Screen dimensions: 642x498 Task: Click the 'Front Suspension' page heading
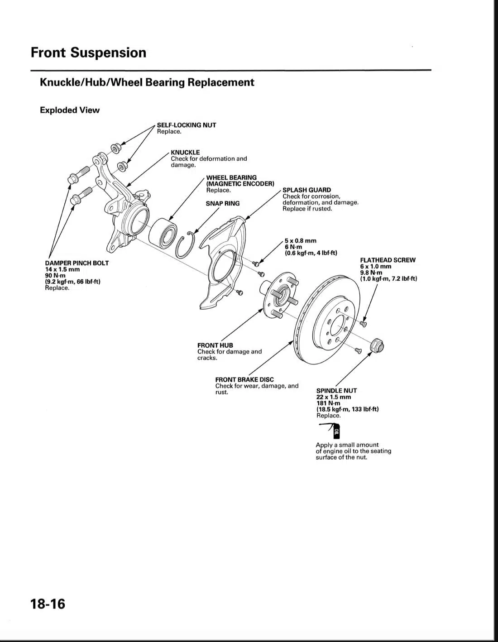coord(88,53)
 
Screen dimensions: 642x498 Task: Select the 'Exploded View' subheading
coord(69,110)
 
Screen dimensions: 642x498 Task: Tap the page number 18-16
coord(48,604)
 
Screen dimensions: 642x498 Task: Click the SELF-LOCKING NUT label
coord(186,125)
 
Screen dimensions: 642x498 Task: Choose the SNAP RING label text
coord(222,203)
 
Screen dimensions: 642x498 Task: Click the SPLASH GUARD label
coord(306,190)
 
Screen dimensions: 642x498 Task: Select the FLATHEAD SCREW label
coord(388,260)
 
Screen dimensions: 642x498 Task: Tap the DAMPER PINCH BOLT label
coord(77,263)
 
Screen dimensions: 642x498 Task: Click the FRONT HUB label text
coord(215,345)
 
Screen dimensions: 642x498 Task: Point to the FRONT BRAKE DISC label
coord(244,379)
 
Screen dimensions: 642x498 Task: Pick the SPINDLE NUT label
coord(336,390)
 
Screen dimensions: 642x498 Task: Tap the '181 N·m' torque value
coord(328,403)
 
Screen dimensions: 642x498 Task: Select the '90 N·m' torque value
coord(55,275)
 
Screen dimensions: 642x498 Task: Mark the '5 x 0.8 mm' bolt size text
coord(300,240)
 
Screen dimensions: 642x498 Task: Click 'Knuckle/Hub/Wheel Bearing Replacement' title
coord(147,82)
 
